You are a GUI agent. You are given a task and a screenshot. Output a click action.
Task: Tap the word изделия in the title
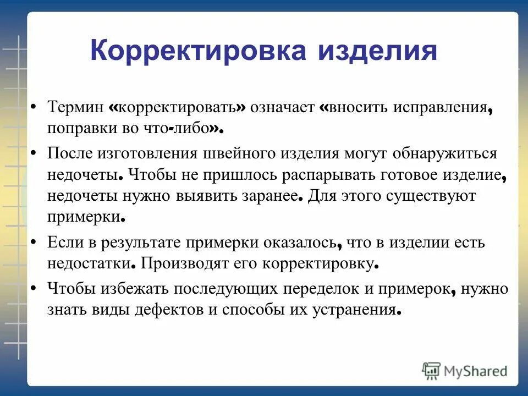[x=377, y=51]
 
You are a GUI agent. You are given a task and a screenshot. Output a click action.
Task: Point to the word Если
[x=61, y=242]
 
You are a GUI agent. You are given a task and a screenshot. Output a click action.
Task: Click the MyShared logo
[x=465, y=371]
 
